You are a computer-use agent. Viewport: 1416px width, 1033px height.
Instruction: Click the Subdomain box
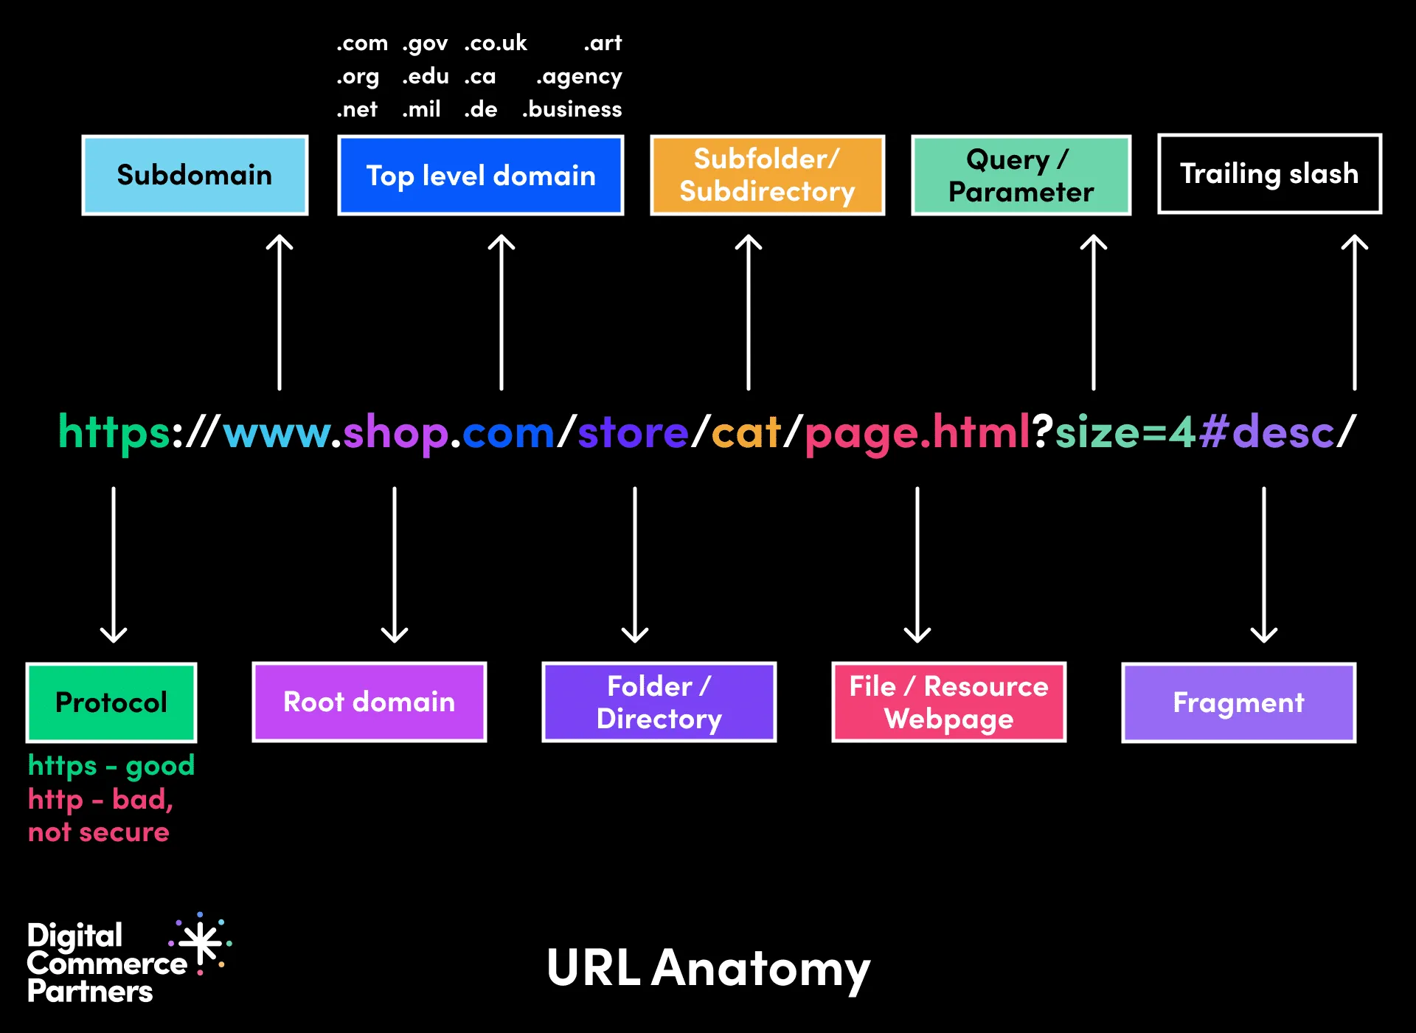(195, 175)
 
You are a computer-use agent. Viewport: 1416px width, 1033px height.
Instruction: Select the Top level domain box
(480, 175)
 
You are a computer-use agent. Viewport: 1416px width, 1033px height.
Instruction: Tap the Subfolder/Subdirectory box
(767, 175)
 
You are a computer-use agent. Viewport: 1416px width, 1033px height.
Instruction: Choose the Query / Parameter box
(1021, 175)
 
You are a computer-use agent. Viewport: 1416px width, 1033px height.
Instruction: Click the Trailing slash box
(1269, 174)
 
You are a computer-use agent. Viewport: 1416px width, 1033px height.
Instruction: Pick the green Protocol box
(111, 702)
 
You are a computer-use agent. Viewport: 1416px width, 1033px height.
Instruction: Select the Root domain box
(369, 702)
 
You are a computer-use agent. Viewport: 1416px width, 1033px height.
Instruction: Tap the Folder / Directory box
(659, 702)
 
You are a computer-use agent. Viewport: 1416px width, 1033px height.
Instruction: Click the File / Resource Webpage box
(948, 702)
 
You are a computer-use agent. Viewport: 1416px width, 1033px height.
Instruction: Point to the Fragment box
(1238, 702)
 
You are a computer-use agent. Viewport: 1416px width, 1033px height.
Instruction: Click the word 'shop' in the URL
(396, 433)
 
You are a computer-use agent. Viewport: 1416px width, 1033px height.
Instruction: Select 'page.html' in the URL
(917, 433)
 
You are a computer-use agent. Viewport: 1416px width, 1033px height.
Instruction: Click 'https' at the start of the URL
(114, 433)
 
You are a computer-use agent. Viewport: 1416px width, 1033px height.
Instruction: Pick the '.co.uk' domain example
(496, 43)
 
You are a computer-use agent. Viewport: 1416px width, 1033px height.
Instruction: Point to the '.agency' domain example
(579, 77)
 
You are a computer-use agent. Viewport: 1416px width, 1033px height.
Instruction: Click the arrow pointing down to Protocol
(114, 564)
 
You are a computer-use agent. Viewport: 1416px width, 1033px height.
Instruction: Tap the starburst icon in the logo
(201, 942)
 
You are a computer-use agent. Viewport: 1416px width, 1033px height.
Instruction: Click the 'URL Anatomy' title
(708, 968)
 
